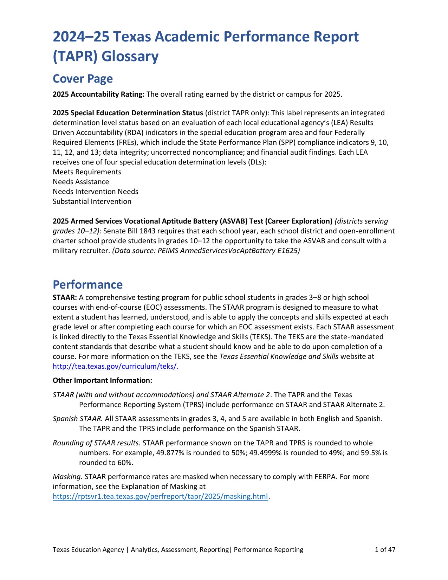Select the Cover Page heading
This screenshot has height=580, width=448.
tap(83, 79)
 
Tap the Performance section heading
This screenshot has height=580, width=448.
tap(87, 284)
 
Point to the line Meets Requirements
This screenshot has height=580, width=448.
tap(87, 172)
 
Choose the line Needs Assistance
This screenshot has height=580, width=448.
tap(81, 182)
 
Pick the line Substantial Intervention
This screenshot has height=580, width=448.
tap(92, 201)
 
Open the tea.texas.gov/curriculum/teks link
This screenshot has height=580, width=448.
tap(115, 366)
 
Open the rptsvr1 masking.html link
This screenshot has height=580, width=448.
tap(160, 496)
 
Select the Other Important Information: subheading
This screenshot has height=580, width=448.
tap(102, 380)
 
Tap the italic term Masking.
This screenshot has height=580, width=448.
tap(67, 477)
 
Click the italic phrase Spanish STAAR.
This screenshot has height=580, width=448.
tap(78, 419)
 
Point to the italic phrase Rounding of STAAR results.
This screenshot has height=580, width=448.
tap(97, 443)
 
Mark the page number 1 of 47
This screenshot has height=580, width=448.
tap(385, 549)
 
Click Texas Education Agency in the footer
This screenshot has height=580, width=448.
tap(88, 549)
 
